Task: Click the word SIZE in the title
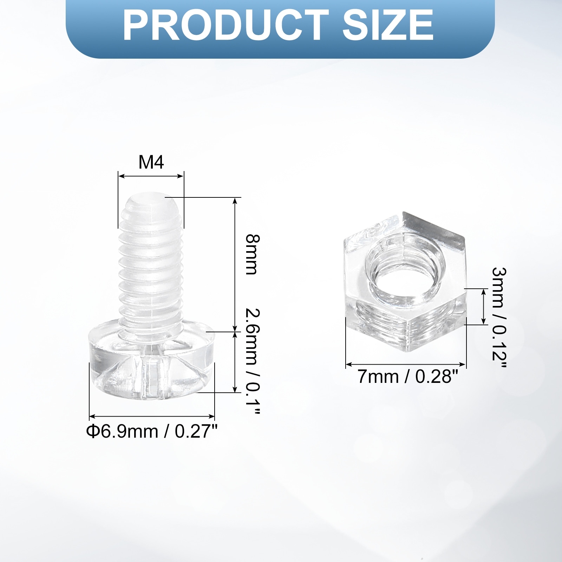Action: (x=388, y=25)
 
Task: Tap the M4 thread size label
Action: (x=151, y=162)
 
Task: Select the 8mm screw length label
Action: (x=252, y=254)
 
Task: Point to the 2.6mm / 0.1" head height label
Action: (x=252, y=361)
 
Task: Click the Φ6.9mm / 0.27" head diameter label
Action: (x=152, y=431)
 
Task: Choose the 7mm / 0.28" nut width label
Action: (x=408, y=377)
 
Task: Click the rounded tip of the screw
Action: (x=151, y=202)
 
